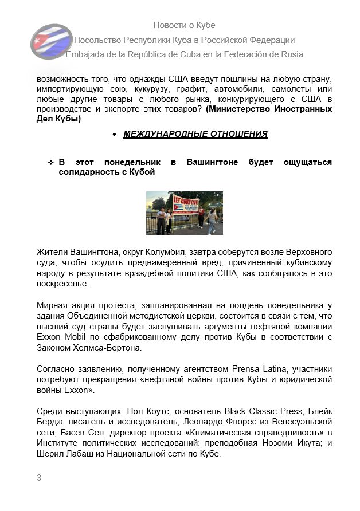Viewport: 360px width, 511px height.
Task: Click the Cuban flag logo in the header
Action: [51, 42]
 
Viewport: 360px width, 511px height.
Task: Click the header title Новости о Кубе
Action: [184, 25]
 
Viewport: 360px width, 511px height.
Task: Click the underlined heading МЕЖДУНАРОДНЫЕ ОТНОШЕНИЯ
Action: [195, 134]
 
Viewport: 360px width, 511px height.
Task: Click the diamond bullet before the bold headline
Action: [50, 163]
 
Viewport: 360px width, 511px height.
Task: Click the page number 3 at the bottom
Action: [39, 478]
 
